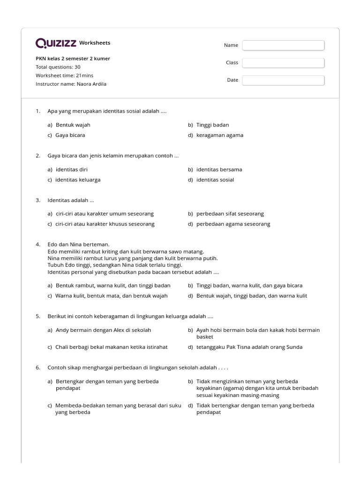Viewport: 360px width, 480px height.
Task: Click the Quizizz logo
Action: point(56,43)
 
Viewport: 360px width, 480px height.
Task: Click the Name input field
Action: point(283,45)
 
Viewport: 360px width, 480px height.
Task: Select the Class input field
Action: point(283,62)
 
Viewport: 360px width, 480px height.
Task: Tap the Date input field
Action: point(283,80)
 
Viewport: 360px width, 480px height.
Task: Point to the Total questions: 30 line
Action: point(58,67)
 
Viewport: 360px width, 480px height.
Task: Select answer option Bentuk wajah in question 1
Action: point(73,125)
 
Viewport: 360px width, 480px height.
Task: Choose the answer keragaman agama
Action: point(219,135)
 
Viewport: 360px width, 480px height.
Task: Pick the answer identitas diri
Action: point(71,170)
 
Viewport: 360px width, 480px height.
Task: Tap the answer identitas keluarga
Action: point(78,180)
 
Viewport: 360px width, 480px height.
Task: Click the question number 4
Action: point(38,245)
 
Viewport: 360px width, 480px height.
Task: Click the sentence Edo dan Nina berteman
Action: point(78,245)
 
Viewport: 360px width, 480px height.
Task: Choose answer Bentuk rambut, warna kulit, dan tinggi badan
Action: point(113,285)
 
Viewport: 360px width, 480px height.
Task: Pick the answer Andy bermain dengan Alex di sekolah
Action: point(103,330)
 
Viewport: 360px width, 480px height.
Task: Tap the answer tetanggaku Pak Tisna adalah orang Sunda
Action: point(249,347)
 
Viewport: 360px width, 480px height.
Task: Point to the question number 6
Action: point(38,367)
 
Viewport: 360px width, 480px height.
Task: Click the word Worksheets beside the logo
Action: point(95,43)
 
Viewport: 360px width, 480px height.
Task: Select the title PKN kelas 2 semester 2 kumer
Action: point(73,59)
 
